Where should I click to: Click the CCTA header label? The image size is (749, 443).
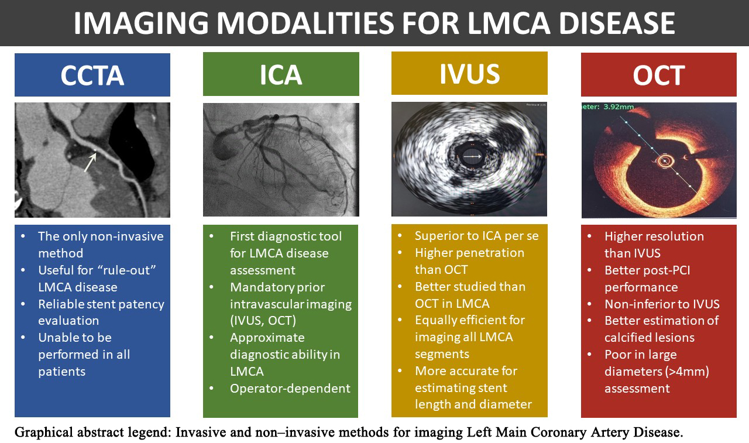(x=92, y=75)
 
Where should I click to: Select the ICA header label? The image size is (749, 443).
(x=281, y=75)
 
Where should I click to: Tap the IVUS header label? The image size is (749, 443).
(x=469, y=74)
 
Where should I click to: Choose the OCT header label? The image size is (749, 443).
(x=659, y=75)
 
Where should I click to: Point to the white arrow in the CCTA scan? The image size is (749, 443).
(x=90, y=163)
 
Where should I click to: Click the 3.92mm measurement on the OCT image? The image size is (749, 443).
(x=619, y=107)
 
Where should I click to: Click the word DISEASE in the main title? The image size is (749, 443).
(x=617, y=23)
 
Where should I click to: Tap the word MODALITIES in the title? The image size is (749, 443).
(x=306, y=23)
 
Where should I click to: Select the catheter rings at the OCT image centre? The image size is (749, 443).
(x=664, y=162)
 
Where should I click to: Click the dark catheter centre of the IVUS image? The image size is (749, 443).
(x=472, y=156)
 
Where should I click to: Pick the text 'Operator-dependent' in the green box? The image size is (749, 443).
(x=290, y=388)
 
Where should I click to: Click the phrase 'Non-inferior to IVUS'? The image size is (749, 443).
(x=662, y=304)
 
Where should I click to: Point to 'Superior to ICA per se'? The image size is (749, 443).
(x=476, y=236)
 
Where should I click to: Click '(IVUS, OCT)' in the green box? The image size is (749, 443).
(x=263, y=320)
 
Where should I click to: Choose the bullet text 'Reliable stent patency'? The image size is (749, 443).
(x=101, y=304)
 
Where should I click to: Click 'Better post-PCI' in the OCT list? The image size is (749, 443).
(x=647, y=270)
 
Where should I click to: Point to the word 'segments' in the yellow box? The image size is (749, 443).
(x=442, y=353)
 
